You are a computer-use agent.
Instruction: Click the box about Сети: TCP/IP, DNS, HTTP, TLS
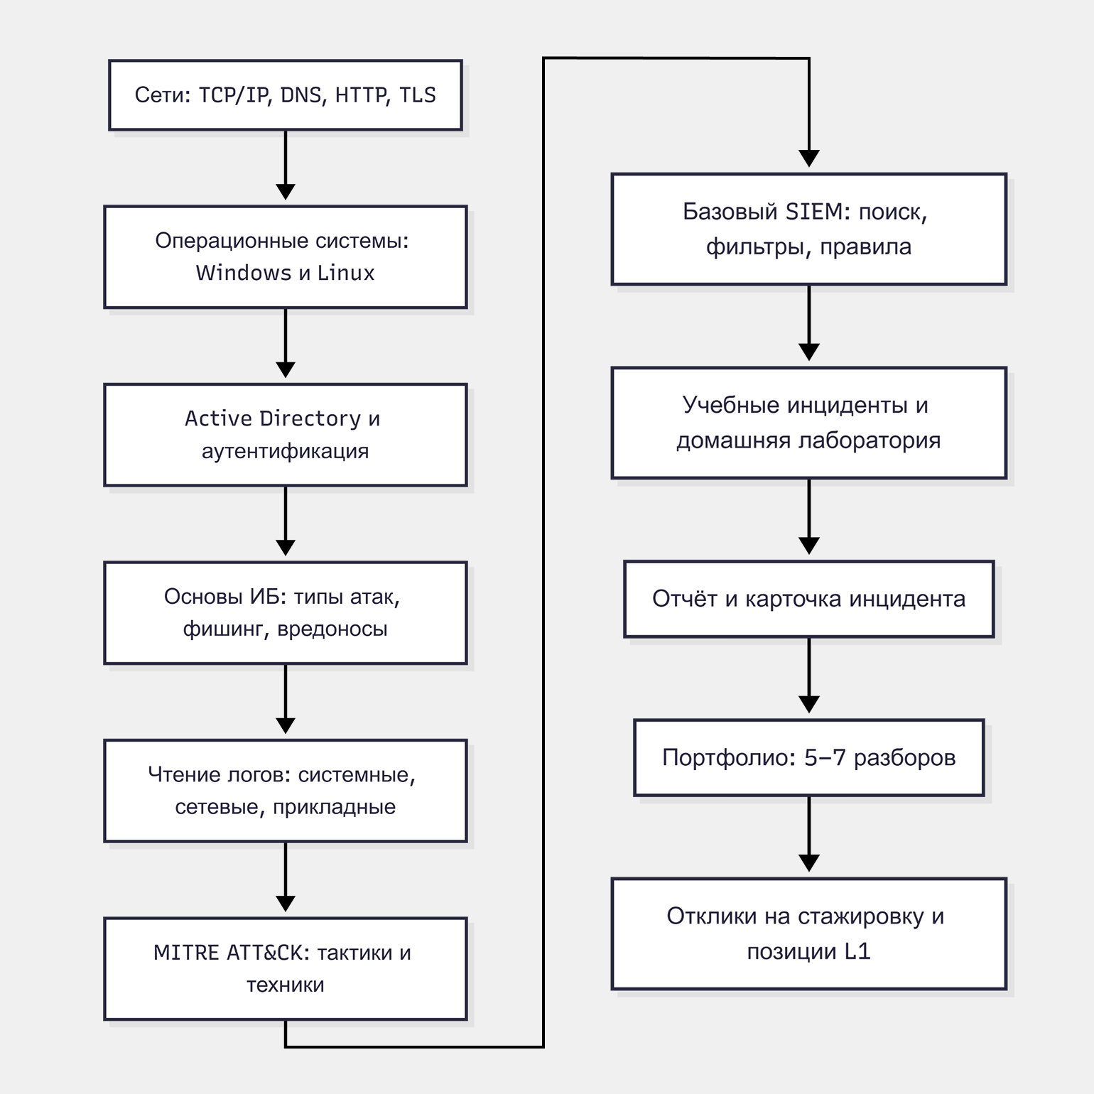click(x=286, y=95)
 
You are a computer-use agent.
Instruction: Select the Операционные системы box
click(x=286, y=257)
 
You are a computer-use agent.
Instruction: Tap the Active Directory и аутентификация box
click(x=286, y=435)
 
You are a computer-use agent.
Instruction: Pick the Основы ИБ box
click(x=286, y=613)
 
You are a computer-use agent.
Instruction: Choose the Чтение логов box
click(x=286, y=791)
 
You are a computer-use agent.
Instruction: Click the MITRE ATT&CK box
click(x=286, y=969)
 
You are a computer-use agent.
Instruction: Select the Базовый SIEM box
click(x=809, y=229)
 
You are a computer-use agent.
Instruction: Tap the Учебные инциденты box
click(x=809, y=423)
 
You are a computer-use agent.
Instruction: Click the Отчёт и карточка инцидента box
click(x=809, y=599)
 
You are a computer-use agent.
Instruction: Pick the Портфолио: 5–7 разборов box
click(x=809, y=758)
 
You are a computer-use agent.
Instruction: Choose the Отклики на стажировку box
click(x=809, y=934)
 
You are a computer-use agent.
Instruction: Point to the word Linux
click(x=346, y=273)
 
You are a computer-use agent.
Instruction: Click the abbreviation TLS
click(x=418, y=95)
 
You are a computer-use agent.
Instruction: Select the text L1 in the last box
click(x=857, y=951)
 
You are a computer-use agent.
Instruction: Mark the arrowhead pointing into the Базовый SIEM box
click(x=809, y=158)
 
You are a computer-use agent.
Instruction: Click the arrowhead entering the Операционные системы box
click(x=286, y=191)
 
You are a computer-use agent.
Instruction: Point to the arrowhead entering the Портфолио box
click(x=809, y=705)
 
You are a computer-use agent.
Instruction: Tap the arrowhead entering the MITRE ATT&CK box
click(x=286, y=903)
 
